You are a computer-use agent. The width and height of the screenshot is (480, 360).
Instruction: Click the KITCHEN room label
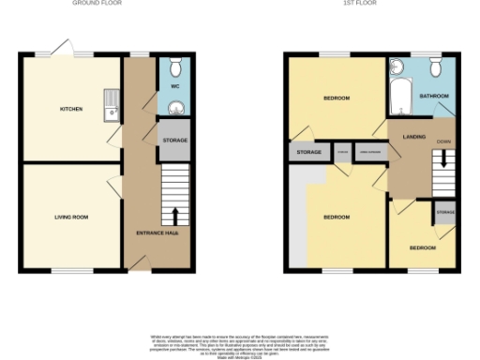coord(71,109)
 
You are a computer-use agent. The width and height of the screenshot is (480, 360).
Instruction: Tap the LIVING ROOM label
coord(71,217)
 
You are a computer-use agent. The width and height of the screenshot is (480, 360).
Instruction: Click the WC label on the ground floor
coord(174,86)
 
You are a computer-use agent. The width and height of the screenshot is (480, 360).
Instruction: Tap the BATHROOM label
coord(434,97)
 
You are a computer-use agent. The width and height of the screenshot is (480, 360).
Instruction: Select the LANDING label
coord(415,138)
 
